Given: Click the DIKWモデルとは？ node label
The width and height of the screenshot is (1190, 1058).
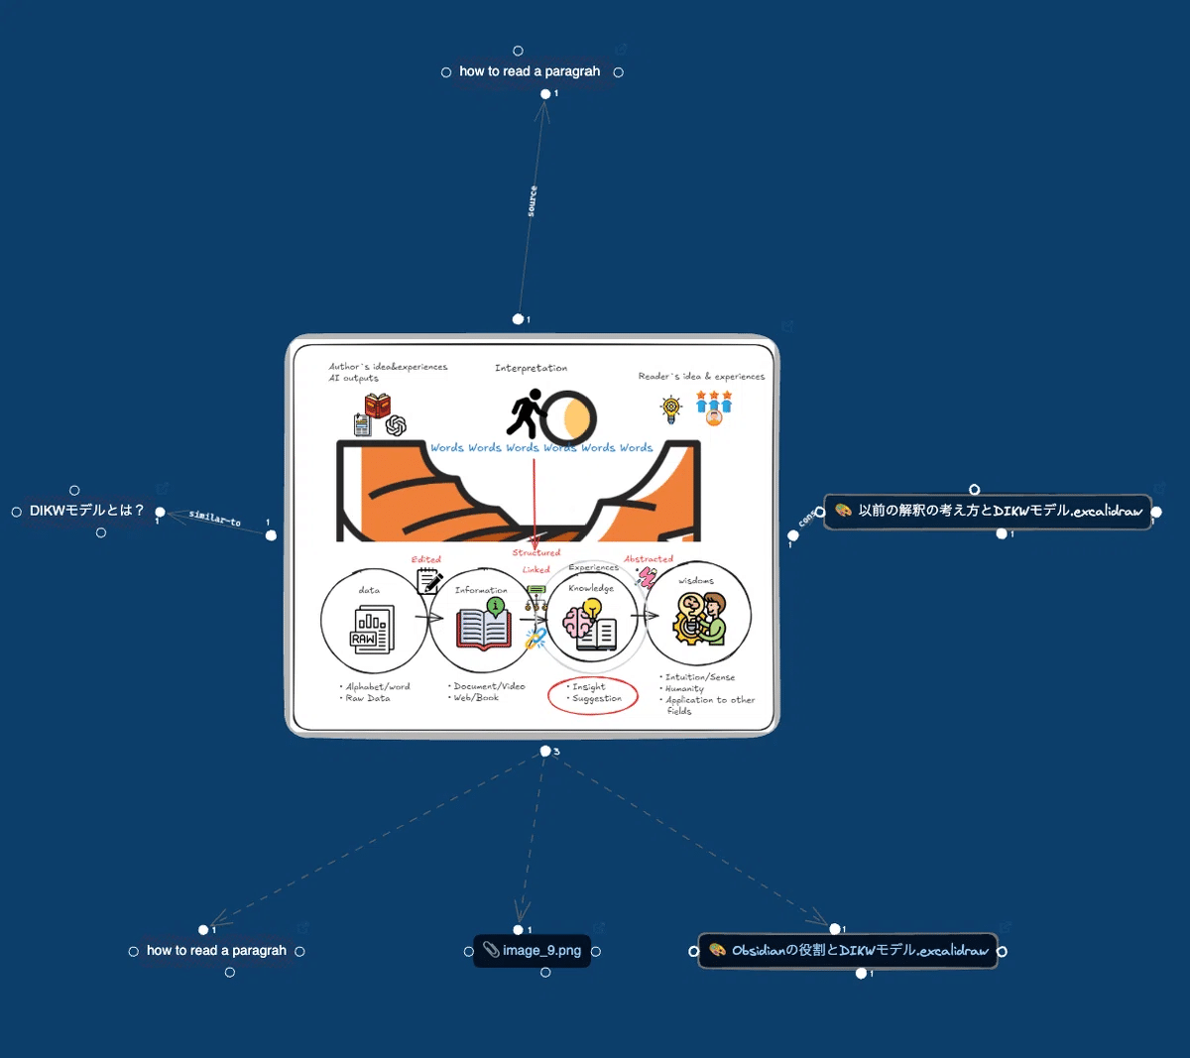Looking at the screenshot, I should [x=87, y=511].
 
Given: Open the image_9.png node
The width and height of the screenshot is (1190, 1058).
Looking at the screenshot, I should [x=540, y=951].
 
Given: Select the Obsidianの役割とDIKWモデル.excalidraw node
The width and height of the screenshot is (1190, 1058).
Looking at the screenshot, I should [x=859, y=951].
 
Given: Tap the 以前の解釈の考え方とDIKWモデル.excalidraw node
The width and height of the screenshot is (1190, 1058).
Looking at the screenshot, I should [x=1000, y=512].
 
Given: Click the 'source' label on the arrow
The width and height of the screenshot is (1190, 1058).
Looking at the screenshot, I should [x=533, y=201].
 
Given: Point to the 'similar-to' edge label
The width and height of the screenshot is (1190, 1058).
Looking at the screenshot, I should [x=215, y=518].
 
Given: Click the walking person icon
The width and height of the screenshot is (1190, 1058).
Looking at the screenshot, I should [x=527, y=413].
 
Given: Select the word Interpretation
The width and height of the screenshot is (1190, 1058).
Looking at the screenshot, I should [x=531, y=368].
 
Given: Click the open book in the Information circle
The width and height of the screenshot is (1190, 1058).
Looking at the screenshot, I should [x=483, y=627].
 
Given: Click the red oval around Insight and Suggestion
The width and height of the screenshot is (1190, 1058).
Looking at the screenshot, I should [x=592, y=693].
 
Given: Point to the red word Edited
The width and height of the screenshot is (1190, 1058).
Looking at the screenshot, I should [x=425, y=560].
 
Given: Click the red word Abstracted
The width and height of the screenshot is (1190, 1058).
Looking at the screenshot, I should [x=649, y=559].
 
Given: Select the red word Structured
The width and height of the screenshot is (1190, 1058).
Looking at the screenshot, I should [x=535, y=553].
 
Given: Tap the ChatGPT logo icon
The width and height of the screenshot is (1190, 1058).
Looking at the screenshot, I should [x=396, y=425].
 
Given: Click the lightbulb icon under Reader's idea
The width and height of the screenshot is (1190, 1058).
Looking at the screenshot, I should [x=671, y=407].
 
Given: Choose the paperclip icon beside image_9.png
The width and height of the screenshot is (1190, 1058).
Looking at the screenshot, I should [x=491, y=950].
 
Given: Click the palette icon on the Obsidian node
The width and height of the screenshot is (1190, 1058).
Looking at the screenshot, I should [x=717, y=950].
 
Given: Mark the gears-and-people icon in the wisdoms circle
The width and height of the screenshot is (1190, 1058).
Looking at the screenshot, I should [x=700, y=618].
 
